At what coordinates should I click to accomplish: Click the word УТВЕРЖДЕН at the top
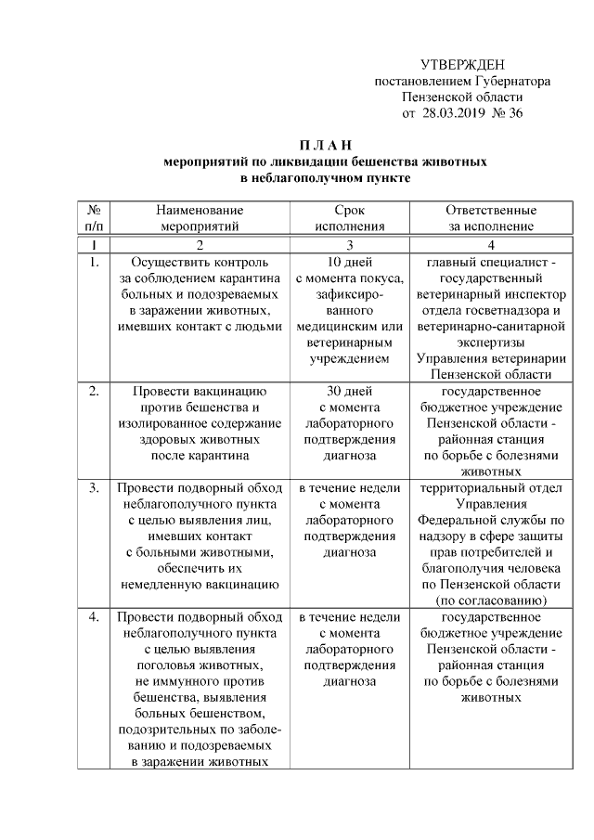[462, 64]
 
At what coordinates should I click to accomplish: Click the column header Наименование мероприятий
[199, 217]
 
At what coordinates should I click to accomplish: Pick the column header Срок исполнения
[349, 217]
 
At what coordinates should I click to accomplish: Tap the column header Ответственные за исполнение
[490, 217]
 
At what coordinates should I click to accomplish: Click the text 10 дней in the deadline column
[349, 263]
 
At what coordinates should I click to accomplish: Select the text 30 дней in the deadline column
[349, 391]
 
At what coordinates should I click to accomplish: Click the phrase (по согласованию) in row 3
[490, 600]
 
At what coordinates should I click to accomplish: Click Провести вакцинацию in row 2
[200, 391]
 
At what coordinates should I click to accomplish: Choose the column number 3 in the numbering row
[350, 245]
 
